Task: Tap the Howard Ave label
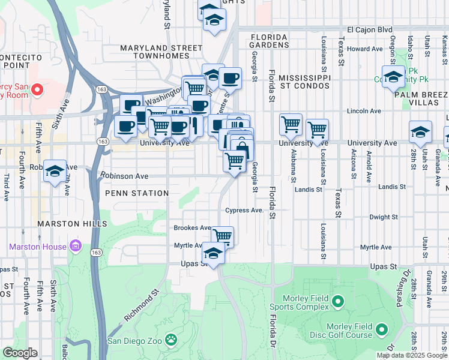[365, 49]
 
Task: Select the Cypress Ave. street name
[245, 210]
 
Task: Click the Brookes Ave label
[192, 228]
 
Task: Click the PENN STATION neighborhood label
[136, 193]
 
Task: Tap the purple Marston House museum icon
[75, 246]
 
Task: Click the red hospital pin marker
[37, 89]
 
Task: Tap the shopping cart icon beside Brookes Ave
[222, 235]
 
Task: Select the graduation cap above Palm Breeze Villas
[393, 78]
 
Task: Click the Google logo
[20, 353]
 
